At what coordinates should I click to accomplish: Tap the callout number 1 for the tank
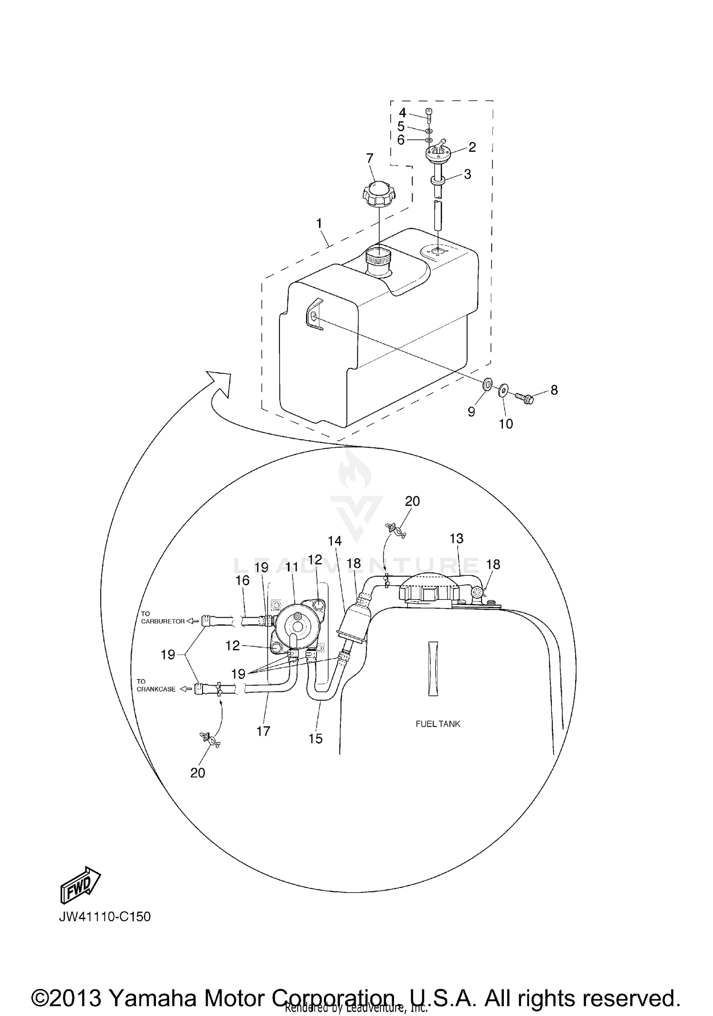319,223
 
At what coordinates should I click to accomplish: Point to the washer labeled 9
487,385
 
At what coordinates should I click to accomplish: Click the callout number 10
506,424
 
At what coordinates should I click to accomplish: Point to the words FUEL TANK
438,724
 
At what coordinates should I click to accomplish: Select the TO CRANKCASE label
156,685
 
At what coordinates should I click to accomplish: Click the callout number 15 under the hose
315,739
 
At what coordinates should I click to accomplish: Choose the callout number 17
263,731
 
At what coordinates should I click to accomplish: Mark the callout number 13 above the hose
456,538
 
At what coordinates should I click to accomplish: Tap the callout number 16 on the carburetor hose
242,580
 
